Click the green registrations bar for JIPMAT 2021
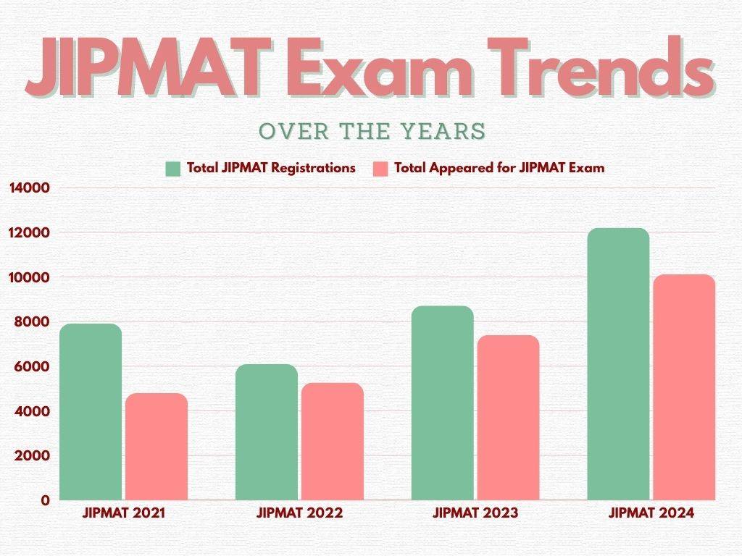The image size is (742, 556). tap(91, 412)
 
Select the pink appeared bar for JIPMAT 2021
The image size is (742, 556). tap(156, 447)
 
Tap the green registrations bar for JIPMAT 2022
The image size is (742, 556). tap(267, 432)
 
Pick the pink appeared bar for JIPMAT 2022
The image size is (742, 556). tap(332, 441)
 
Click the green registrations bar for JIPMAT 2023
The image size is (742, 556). tap(442, 403)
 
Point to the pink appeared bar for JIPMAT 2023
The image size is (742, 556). tap(508, 418)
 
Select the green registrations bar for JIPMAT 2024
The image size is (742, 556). tap(618, 364)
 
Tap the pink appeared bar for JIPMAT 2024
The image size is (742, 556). tap(684, 387)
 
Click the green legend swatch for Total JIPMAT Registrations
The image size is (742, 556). tap(172, 169)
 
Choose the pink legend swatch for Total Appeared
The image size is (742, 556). tap(380, 169)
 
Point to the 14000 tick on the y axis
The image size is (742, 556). tap(29, 188)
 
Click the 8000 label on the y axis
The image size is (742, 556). tap(33, 322)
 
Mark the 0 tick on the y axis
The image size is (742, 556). tap(45, 500)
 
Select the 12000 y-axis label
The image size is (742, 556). tap(29, 233)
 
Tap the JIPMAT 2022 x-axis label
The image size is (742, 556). tap(299, 513)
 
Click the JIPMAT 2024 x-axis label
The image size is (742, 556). tap(651, 513)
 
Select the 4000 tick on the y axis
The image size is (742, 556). tap(33, 411)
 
